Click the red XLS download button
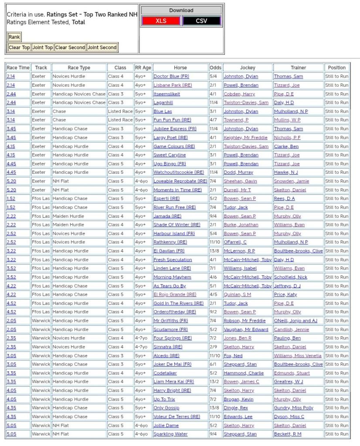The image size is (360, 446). tap(160, 21)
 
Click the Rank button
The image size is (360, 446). tap(14, 37)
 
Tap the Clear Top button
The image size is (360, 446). tap(19, 47)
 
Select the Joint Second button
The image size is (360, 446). tap(102, 47)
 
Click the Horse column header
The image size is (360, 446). tap(180, 68)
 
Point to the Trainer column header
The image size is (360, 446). tap(298, 68)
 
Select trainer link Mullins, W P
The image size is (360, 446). tap(287, 120)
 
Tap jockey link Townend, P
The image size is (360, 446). tap(236, 120)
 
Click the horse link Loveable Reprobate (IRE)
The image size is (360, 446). tap(180, 181)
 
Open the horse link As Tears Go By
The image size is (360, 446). tap(170, 286)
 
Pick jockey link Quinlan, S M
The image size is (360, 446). tap(238, 294)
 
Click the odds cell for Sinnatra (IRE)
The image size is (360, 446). tap(215, 347)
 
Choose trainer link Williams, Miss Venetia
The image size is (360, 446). tap(298, 355)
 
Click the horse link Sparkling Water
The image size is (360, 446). tap(170, 434)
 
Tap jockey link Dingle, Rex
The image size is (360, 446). tap(236, 408)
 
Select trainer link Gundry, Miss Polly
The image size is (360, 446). tap(294, 408)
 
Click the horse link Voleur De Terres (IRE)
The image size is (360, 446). tap(177, 416)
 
